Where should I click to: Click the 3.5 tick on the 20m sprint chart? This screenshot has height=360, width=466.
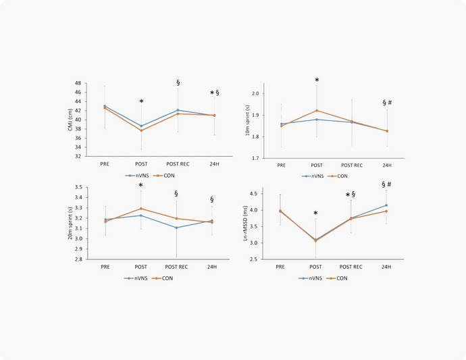click(x=97, y=187)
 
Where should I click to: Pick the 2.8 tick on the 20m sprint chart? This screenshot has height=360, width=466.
click(x=97, y=259)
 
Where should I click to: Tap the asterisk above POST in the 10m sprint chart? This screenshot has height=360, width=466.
click(x=317, y=80)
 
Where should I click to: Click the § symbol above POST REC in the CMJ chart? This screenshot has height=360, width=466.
click(x=178, y=82)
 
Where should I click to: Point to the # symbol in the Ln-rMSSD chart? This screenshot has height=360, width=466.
click(x=390, y=184)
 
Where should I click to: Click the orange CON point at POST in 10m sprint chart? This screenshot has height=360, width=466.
click(x=317, y=110)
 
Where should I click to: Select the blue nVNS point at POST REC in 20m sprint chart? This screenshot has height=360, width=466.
click(x=177, y=228)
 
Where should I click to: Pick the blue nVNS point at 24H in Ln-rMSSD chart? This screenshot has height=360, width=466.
click(x=386, y=205)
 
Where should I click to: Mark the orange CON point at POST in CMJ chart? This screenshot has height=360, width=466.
click(x=141, y=130)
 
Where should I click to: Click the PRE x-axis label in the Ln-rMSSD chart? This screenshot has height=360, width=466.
click(x=280, y=267)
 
